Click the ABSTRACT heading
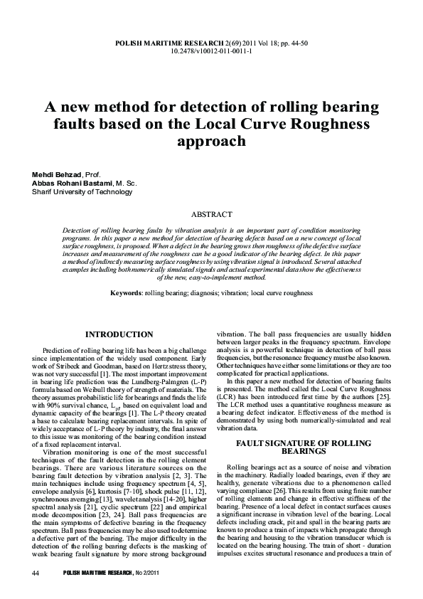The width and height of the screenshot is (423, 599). pos(213,213)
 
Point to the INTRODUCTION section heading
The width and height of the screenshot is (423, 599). pos(119,334)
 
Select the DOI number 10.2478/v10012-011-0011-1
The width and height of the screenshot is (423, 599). pos(211,51)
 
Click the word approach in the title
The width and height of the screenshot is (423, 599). pos(212,141)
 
